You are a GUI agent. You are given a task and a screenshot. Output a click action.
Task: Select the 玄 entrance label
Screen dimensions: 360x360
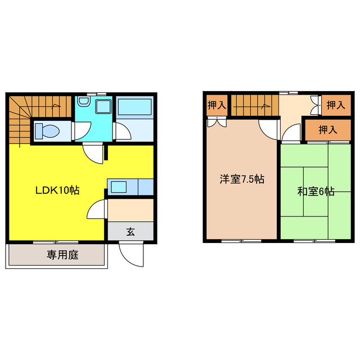[x=130, y=231]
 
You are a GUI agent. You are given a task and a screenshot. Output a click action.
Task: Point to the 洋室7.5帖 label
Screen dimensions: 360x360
[x=242, y=180]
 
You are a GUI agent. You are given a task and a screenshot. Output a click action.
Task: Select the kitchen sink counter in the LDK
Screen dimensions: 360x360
[x=129, y=186]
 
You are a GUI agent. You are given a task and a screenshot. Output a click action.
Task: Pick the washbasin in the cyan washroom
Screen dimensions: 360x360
[x=83, y=102]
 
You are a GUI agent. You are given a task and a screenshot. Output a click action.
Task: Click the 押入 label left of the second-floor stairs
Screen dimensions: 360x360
[x=217, y=104]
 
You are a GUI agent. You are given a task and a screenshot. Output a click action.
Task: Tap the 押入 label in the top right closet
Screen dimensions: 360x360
[x=336, y=105]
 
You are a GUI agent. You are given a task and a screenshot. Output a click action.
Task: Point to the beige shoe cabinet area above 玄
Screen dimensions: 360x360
[x=130, y=210]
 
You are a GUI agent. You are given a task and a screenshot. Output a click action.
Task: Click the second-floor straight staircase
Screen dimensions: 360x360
[x=255, y=105]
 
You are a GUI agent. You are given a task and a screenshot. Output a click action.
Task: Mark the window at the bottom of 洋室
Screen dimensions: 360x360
[x=241, y=241]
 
